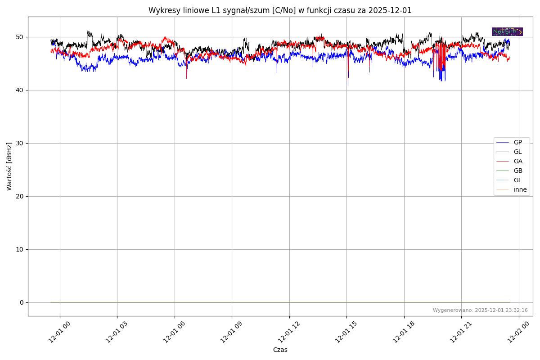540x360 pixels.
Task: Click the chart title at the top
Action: pos(280,10)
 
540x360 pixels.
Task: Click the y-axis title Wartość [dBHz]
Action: pos(9,166)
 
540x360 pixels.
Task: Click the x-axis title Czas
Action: pos(280,350)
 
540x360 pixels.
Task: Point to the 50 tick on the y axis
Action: pos(20,37)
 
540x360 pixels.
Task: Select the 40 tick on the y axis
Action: pos(20,90)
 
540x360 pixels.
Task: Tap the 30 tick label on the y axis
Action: pos(20,143)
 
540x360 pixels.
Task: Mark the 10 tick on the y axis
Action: pos(20,249)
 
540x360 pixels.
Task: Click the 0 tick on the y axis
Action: pos(22,302)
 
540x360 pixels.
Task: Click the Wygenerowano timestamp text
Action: pos(480,310)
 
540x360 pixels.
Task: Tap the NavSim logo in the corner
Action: pos(507,31)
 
